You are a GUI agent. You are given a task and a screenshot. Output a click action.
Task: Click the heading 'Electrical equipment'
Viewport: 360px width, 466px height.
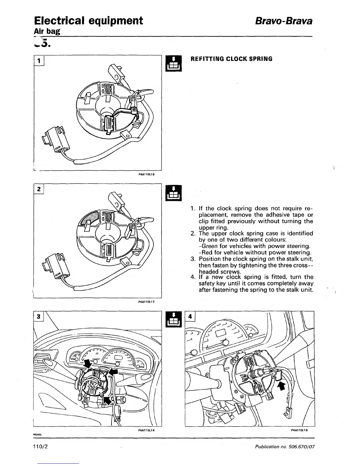coord(89,21)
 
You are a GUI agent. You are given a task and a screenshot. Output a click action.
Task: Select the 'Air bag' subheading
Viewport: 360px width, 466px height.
coord(47,31)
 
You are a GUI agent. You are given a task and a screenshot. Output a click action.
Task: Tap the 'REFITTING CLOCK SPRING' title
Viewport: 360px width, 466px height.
coord(232,59)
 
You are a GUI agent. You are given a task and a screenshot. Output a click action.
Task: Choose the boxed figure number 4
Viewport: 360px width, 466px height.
coord(190,317)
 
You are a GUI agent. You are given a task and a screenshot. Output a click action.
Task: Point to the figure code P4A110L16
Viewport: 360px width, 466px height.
coord(146,174)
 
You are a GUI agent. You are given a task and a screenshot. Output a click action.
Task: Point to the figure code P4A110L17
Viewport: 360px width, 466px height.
coord(146,302)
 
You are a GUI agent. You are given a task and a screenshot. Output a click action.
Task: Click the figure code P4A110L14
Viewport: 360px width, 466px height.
coord(146,430)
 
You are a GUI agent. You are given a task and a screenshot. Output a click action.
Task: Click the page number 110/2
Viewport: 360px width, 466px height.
coord(41,446)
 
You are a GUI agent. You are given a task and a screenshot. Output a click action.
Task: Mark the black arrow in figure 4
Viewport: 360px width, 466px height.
coord(282,386)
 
